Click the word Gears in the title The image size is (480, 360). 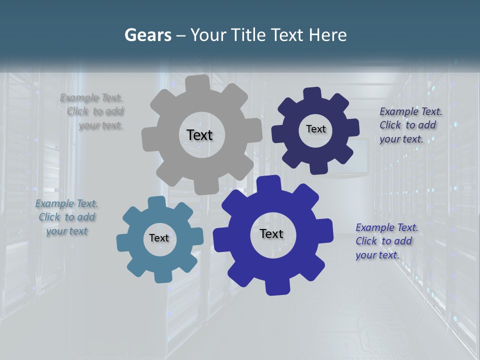tap(147, 35)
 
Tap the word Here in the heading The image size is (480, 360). tap(327, 35)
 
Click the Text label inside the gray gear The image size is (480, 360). tap(199, 135)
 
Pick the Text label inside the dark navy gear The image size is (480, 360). tap(315, 129)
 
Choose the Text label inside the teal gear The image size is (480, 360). tap(159, 238)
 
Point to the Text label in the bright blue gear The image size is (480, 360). tap(271, 233)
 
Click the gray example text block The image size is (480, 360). tap(93, 111)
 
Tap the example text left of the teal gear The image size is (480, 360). tap(66, 217)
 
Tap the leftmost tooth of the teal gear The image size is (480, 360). tap(122, 242)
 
